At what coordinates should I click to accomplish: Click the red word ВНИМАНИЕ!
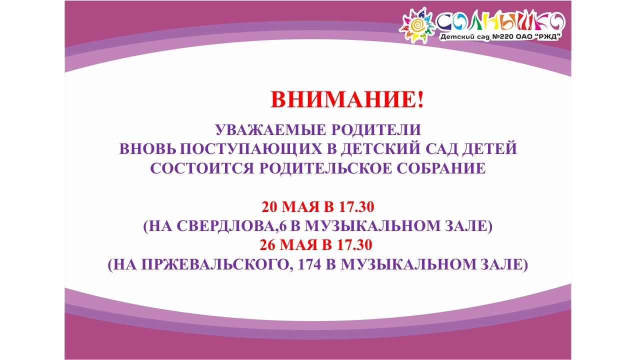click(347, 99)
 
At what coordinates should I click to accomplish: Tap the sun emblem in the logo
click(417, 25)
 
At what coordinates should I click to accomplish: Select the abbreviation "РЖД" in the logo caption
click(547, 36)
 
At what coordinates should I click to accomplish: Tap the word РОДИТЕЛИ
click(376, 129)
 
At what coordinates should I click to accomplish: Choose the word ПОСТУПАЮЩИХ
click(251, 149)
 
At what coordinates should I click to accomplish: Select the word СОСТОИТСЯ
click(202, 168)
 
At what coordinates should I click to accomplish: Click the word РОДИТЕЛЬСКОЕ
click(325, 168)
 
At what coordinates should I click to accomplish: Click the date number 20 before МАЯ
click(269, 207)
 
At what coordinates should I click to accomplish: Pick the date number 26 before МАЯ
click(267, 245)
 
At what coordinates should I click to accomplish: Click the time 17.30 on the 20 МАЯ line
click(356, 207)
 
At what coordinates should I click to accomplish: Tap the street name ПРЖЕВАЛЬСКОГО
click(217, 264)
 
